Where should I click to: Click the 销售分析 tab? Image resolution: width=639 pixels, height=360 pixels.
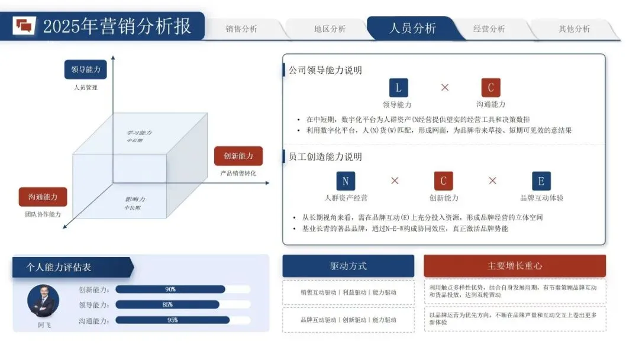[241, 29]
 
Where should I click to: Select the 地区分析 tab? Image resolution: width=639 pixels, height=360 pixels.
[330, 29]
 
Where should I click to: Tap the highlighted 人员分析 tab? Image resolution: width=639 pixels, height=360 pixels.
[412, 28]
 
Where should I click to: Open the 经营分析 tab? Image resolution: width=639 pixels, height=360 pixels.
[489, 29]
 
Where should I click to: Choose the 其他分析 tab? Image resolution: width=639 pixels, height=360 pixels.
[574, 29]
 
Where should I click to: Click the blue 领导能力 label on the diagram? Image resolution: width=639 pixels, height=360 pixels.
[86, 69]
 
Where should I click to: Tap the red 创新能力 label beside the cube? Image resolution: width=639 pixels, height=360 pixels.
[238, 156]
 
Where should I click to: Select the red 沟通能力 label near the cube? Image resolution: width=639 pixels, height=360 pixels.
[43, 197]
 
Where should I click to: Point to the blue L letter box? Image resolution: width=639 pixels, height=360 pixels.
[398, 88]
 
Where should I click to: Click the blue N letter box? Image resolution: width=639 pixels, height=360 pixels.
[346, 181]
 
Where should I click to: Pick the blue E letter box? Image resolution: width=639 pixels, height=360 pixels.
[541, 181]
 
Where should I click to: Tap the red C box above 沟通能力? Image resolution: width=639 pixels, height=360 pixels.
[490, 88]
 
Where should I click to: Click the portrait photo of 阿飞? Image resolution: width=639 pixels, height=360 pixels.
[43, 300]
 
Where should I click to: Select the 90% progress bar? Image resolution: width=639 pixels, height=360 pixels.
[170, 290]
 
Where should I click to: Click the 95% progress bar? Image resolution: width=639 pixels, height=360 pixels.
[172, 320]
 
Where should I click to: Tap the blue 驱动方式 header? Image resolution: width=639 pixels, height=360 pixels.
[348, 266]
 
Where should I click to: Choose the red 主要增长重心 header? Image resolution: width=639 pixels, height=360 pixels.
[515, 266]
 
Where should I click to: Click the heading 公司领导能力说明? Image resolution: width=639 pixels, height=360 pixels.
[325, 70]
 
